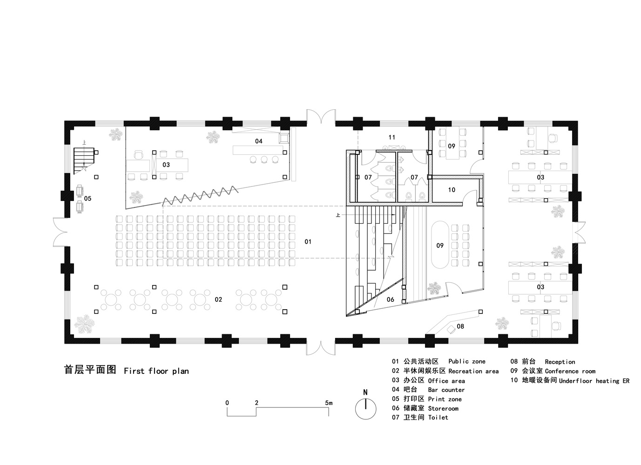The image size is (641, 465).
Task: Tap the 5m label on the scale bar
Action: (329, 403)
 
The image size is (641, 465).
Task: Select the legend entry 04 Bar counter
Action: (428, 390)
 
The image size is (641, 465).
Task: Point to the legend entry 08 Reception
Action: (543, 362)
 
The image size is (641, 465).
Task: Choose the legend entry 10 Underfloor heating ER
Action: (570, 380)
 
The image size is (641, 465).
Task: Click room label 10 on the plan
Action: (452, 190)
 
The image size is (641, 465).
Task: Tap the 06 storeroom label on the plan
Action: (390, 299)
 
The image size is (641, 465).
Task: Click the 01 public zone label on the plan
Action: (308, 242)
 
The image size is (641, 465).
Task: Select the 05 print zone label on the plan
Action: (88, 199)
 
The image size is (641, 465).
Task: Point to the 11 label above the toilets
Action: (392, 137)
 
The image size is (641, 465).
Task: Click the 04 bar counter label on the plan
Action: (259, 141)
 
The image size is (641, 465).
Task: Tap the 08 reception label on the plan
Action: (460, 326)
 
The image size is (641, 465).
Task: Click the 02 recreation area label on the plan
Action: (218, 299)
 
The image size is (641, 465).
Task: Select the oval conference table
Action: (439, 245)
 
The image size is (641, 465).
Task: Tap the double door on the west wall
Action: (60, 232)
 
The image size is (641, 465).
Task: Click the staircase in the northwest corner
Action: (84, 160)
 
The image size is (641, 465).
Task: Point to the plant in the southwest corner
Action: (84, 324)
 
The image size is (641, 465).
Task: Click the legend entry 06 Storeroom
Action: (425, 408)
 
